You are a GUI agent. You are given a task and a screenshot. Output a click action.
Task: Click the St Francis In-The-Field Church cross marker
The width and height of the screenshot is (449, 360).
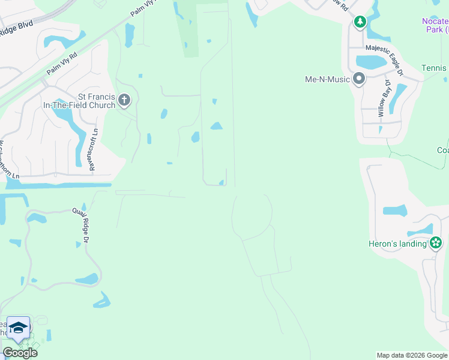click(124, 100)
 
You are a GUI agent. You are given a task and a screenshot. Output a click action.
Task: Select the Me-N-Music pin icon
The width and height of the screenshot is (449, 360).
click(359, 79)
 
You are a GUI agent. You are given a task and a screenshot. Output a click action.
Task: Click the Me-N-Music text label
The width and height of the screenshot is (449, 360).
click(327, 79)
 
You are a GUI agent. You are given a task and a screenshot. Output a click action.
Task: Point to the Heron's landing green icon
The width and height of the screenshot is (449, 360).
click(436, 243)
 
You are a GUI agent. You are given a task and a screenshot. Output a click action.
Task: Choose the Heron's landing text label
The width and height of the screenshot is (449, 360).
click(397, 244)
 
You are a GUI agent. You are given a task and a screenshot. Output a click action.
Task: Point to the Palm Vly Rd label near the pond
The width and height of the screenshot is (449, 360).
click(62, 65)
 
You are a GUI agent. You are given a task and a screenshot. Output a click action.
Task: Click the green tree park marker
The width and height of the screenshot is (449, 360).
click(360, 23)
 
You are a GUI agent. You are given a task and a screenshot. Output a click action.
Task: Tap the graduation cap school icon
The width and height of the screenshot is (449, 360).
click(18, 328)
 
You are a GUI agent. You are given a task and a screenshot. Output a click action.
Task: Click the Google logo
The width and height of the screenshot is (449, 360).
click(20, 353)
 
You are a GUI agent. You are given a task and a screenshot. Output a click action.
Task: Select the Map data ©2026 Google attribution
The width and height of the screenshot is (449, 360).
click(412, 355)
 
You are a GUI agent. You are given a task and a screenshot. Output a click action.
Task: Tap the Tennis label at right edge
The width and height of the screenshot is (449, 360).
click(434, 68)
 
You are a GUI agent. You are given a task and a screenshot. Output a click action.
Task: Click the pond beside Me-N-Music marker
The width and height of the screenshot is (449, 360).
click(371, 62)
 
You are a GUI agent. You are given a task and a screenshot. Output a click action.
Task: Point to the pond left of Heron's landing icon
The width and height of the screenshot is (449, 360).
click(420, 230)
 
